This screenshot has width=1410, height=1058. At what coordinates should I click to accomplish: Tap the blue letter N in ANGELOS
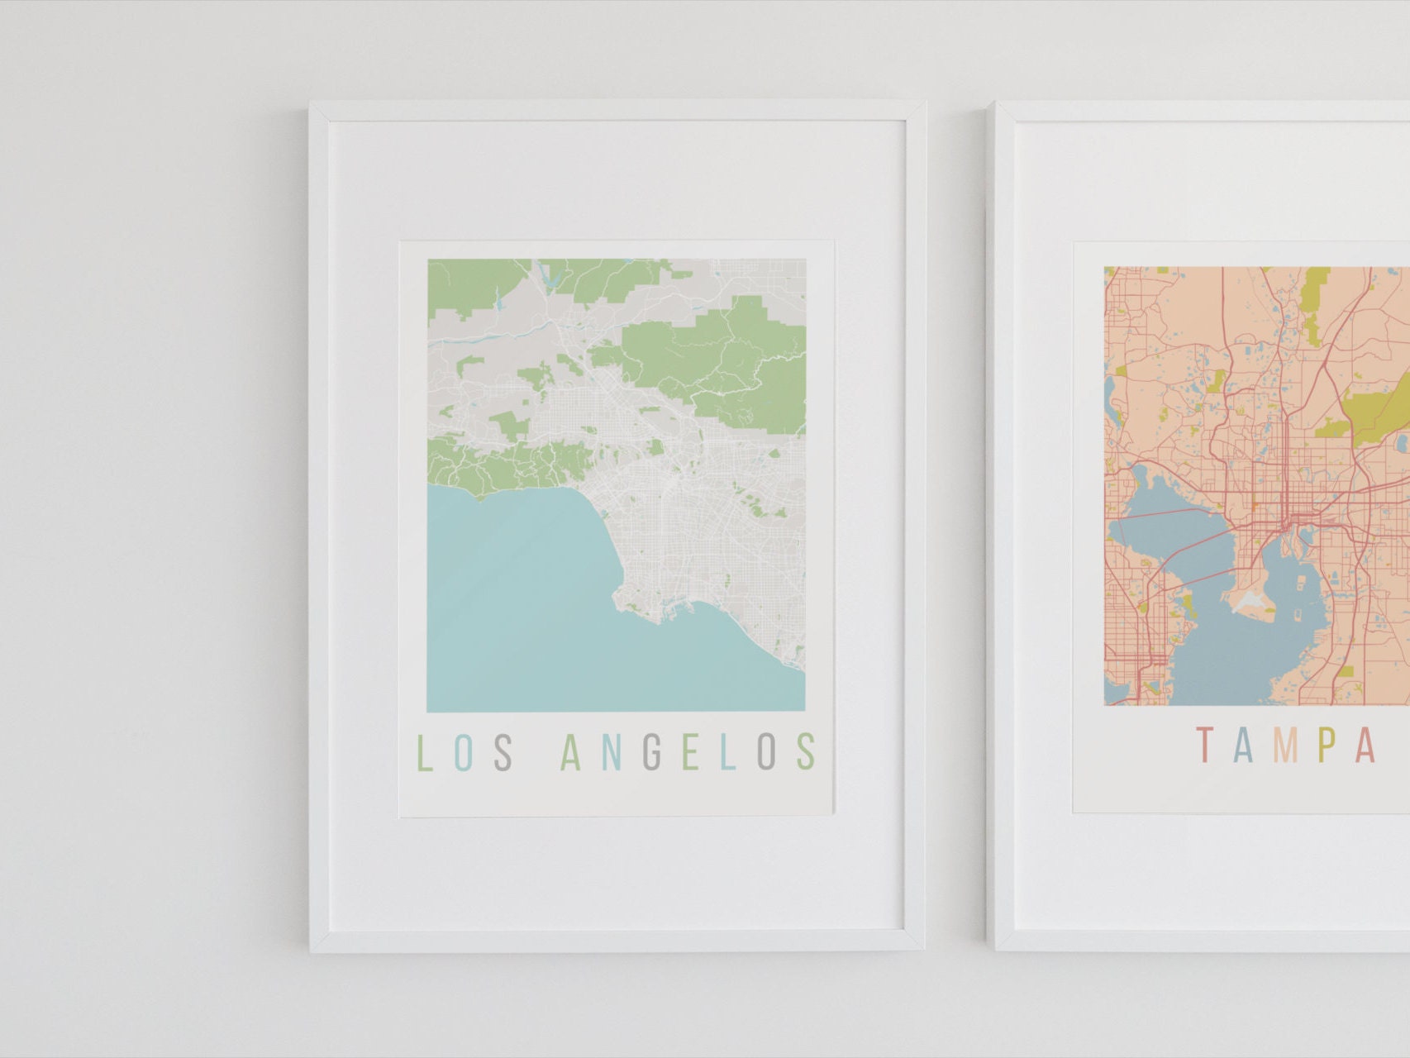612,752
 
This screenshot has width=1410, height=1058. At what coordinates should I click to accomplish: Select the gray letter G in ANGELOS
652,752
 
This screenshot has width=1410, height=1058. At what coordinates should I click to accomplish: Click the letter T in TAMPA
1205,745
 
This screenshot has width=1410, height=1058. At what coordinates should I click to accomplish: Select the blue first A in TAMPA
1245,745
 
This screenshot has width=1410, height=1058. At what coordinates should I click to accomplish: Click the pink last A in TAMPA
1365,745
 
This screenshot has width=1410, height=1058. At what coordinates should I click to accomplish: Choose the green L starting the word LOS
424,752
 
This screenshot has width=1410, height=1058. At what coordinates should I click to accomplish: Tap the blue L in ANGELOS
727,752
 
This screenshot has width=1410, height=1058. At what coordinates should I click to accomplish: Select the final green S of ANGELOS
807,752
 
